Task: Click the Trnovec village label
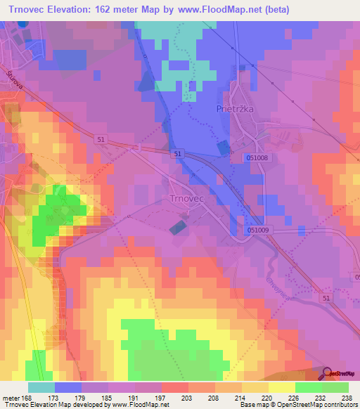[186, 199]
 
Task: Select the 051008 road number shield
[258, 158]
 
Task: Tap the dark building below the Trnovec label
[179, 226]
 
